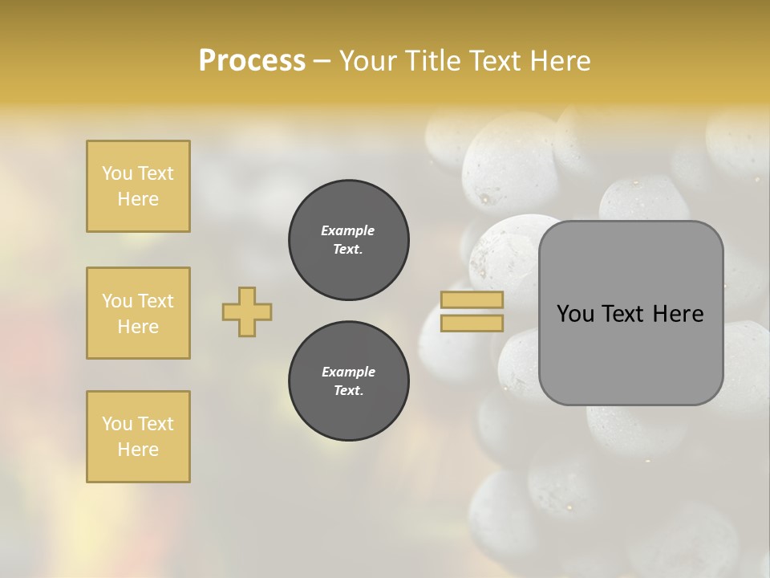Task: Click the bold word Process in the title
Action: [x=252, y=61]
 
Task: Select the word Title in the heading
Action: [x=431, y=61]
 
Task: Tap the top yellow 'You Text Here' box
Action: [x=138, y=186]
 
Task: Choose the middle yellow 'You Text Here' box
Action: [x=138, y=313]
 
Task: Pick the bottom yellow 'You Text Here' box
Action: [x=138, y=437]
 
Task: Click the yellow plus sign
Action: [x=247, y=311]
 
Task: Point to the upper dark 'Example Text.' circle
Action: [x=349, y=240]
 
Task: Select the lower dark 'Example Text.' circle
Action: [x=349, y=381]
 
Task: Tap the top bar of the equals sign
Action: [x=472, y=300]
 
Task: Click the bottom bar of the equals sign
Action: [x=472, y=323]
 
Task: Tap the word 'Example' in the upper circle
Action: [x=348, y=230]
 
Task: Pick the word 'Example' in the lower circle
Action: [x=348, y=372]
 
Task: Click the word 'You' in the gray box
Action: [x=576, y=314]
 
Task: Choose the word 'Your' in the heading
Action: [x=368, y=61]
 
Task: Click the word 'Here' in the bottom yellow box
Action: [x=138, y=450]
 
